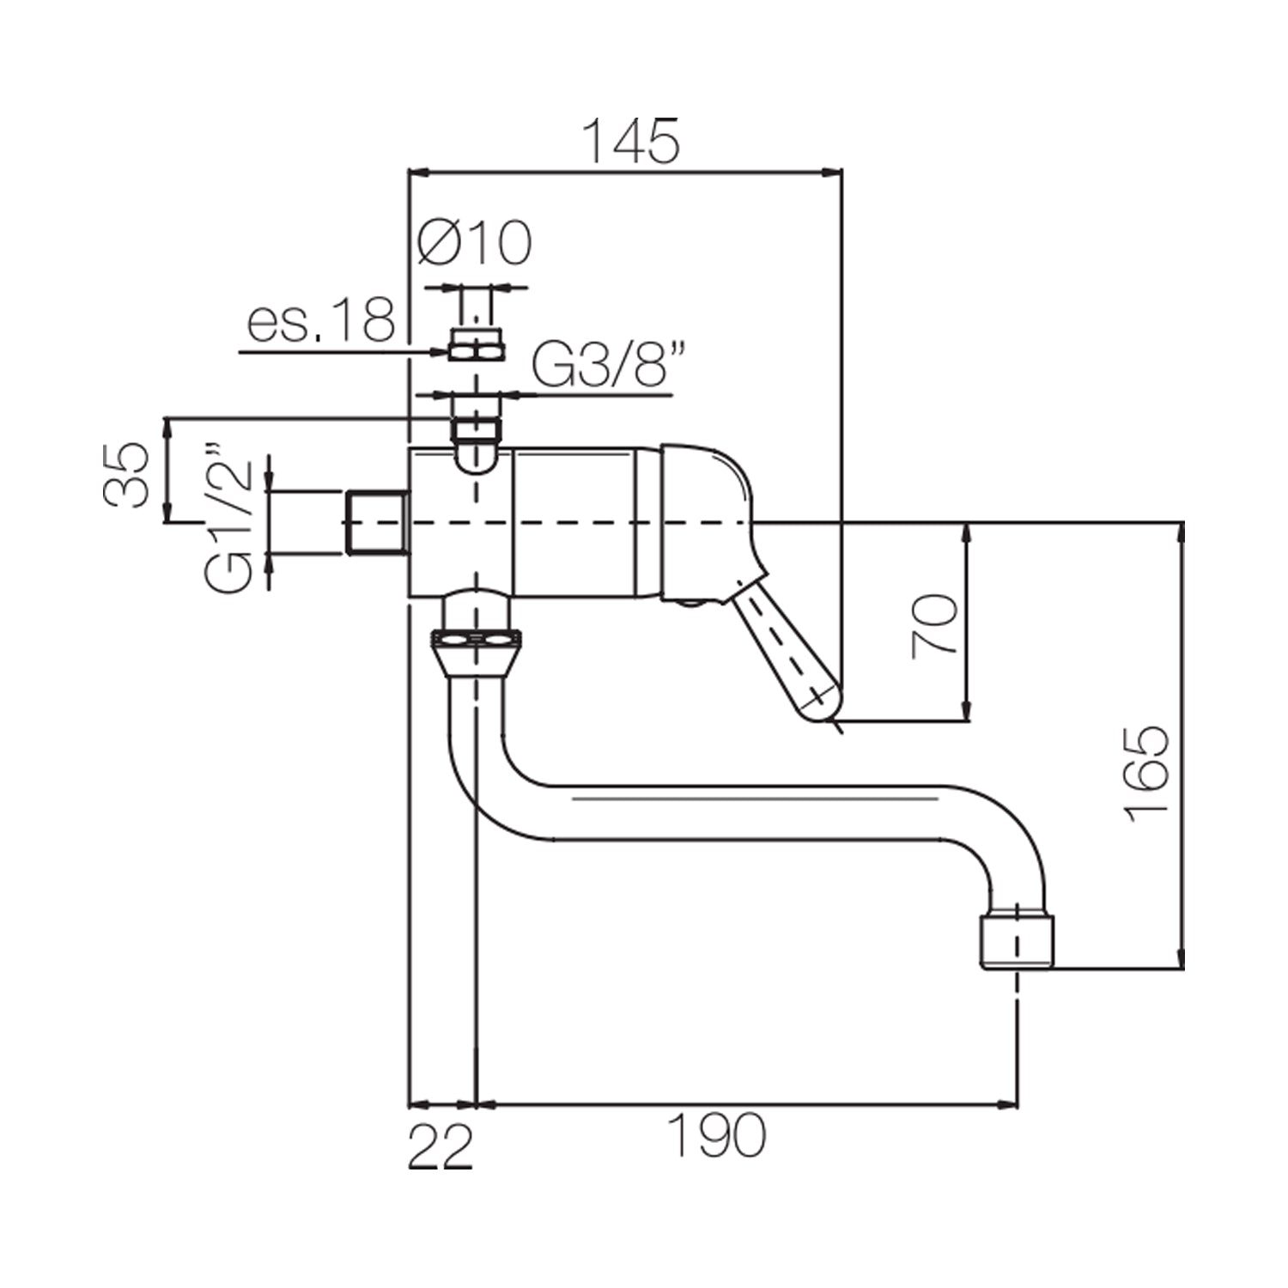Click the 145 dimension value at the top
631,142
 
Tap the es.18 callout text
321,320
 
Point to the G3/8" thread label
600,367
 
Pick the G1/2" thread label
229,519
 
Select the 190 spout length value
716,1135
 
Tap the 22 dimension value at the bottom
440,1146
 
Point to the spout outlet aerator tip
1017,941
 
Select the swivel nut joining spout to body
478,640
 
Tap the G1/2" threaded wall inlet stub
375,522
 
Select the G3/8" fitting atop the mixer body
477,428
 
